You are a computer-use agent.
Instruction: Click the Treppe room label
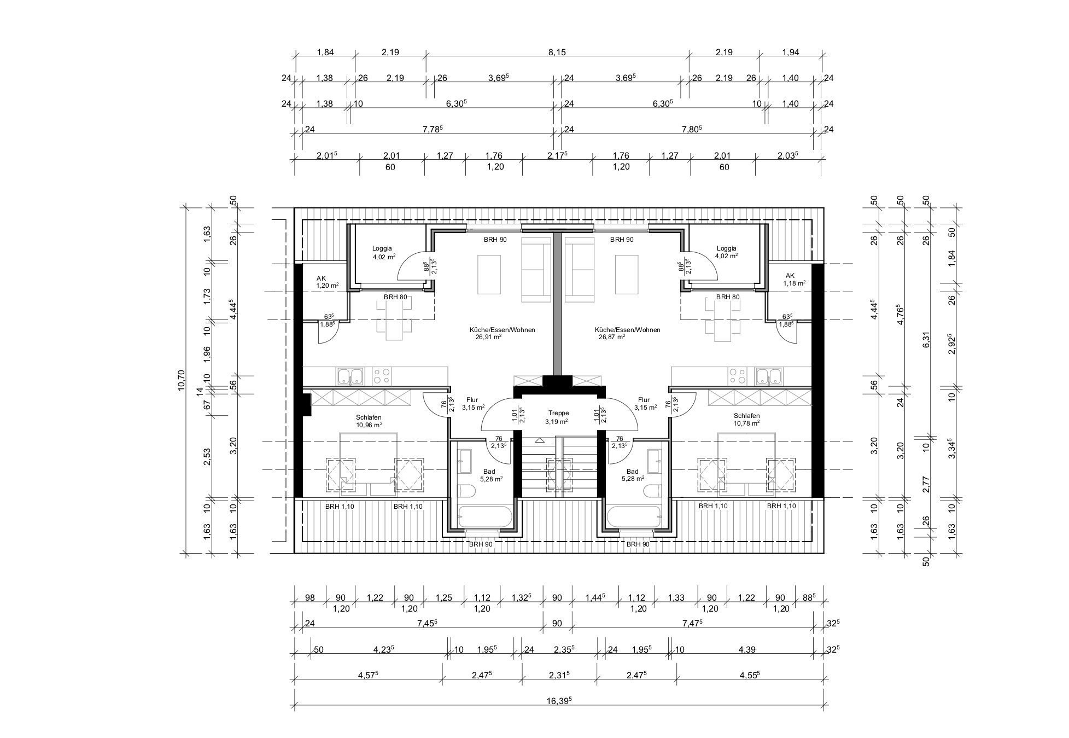[559, 413]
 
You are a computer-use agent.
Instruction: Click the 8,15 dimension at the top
[557, 53]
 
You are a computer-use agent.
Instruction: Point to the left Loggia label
[382, 248]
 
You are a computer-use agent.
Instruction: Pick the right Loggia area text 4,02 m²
[727, 255]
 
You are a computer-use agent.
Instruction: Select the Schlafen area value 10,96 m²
[369, 425]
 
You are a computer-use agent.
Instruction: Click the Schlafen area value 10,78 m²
[746, 423]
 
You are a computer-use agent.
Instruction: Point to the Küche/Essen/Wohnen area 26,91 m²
[489, 338]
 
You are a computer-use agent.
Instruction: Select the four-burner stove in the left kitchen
[381, 376]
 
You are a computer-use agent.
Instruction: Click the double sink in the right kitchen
[769, 376]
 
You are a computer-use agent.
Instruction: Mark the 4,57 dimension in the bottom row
[369, 675]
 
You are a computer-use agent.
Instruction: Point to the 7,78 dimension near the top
[433, 129]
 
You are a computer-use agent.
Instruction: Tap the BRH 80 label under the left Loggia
[395, 297]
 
